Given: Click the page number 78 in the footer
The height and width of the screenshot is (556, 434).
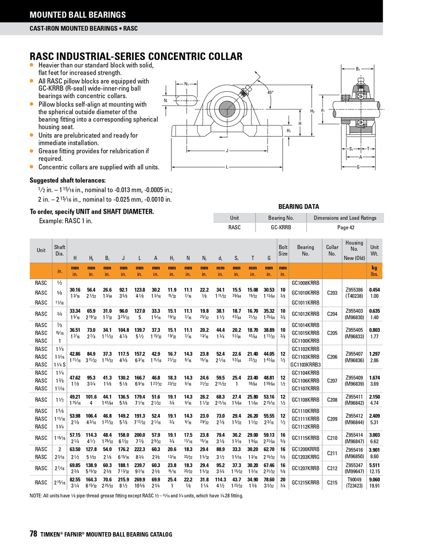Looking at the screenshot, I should [33, 534].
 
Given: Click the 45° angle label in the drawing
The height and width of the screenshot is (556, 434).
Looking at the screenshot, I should [270, 93].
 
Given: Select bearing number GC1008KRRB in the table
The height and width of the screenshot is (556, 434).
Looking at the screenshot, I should [305, 283].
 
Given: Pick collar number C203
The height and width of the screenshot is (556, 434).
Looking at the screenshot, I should [332, 293].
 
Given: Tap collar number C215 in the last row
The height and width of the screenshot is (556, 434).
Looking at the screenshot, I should [332, 483].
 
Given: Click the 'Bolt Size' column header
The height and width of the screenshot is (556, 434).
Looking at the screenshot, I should [283, 250].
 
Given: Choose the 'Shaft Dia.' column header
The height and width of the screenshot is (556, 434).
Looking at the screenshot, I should [60, 250].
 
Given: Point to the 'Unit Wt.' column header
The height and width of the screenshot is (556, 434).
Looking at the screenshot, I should [374, 250].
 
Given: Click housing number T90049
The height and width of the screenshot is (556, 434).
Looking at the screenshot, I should [354, 480].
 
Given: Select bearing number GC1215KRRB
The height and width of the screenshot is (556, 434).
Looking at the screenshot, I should [305, 483].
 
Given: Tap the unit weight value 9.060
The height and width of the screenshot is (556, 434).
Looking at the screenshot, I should [374, 480].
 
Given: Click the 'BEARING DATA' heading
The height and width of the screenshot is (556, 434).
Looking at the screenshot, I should [299, 207].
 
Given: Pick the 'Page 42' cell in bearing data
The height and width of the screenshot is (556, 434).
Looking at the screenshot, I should [345, 227].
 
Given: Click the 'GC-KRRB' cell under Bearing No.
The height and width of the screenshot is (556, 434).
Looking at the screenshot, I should [281, 227].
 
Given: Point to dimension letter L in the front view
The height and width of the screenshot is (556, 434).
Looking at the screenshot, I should [227, 167].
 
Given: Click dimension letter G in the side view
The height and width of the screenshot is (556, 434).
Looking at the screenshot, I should [358, 167].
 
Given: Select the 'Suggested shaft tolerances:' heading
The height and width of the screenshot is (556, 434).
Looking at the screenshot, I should [67, 180].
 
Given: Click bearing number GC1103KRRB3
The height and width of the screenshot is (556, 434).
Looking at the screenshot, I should [305, 364].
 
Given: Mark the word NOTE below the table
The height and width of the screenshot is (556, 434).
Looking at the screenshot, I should [36, 496].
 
